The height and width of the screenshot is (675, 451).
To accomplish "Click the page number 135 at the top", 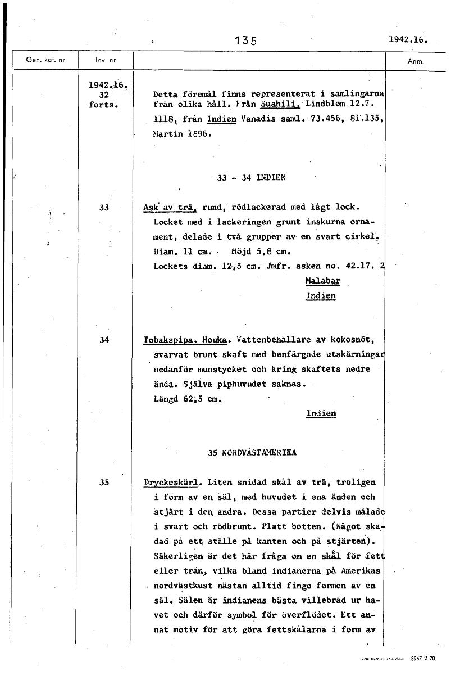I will point(246,40).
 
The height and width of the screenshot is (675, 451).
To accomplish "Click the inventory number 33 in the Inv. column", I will point(104,207).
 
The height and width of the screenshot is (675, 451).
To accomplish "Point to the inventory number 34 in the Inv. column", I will point(104,340).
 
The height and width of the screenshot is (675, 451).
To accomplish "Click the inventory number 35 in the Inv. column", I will point(104,482).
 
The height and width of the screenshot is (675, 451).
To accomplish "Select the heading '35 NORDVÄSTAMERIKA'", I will point(252,452).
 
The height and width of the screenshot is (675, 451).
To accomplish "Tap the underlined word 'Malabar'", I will point(323,280).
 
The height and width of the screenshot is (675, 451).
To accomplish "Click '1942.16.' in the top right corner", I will point(408,40).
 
